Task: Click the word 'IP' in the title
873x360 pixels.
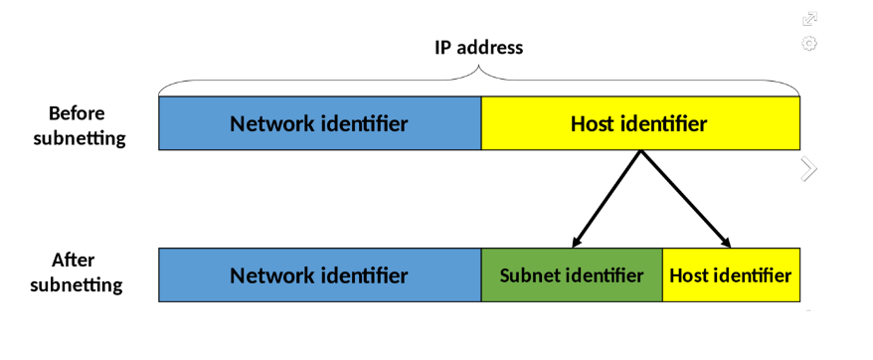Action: tap(444, 47)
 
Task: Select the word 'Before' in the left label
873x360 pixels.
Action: tap(77, 113)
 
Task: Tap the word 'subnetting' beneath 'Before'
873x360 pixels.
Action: tap(80, 138)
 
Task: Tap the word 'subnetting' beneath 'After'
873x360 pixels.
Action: tap(77, 285)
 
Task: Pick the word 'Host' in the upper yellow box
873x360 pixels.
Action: tap(594, 124)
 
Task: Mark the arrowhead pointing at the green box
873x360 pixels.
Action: tap(577, 242)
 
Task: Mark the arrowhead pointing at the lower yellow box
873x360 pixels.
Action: tap(726, 242)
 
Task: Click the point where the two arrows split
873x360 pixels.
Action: tap(641, 152)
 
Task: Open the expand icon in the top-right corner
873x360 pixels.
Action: tap(809, 19)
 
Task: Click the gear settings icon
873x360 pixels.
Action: tap(809, 44)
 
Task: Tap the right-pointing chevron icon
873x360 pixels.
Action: tap(808, 169)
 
